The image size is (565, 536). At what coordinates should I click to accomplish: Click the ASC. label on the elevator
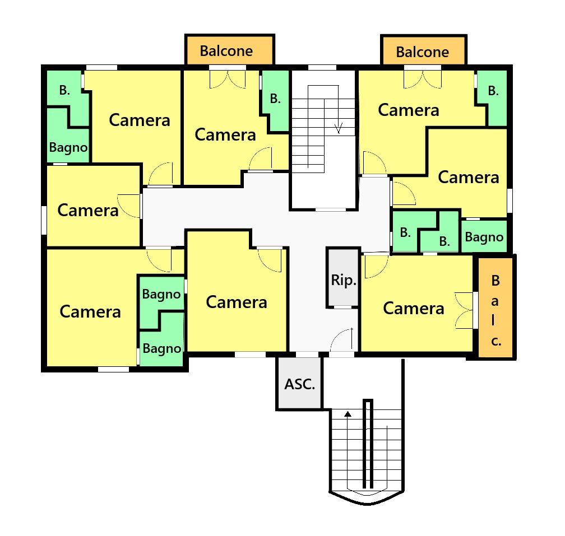point(300,384)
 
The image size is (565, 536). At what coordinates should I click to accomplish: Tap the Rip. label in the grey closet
point(344,280)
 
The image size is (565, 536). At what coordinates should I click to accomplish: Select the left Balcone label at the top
point(226,51)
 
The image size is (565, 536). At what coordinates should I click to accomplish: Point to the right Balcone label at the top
point(422,52)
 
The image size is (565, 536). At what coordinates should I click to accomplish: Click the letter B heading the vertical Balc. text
point(495,281)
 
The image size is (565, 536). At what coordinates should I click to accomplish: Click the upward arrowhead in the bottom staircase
point(348,414)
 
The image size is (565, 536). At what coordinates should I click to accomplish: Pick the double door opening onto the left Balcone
point(228,79)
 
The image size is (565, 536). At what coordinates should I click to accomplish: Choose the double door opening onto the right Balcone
point(422,79)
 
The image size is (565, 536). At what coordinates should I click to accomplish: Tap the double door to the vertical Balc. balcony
point(464,310)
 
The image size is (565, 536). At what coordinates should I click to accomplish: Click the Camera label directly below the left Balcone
point(225,135)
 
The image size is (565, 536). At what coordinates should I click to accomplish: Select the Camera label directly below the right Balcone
point(409,110)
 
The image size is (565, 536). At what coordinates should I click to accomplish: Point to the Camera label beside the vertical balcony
point(414,309)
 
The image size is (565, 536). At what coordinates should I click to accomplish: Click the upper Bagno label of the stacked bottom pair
point(161,295)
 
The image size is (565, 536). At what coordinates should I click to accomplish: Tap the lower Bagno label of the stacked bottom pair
point(162,349)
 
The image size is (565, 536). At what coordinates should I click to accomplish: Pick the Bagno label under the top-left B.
point(68,148)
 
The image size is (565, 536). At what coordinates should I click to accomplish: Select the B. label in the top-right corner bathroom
point(493,91)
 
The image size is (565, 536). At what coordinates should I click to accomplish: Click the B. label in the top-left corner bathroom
point(64,90)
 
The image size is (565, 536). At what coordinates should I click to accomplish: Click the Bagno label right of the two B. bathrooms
point(484,237)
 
